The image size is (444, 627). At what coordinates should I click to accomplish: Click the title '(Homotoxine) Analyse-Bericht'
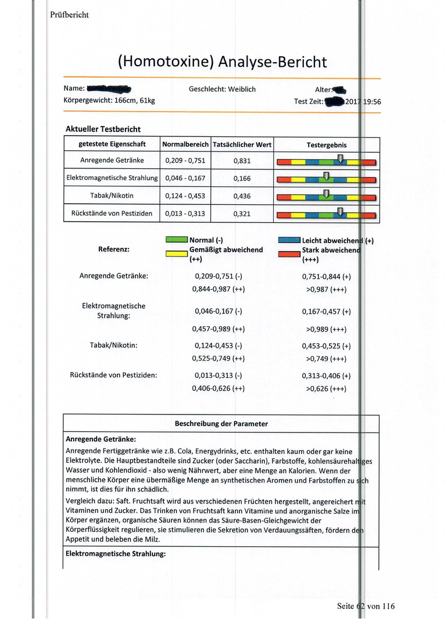pyautogui.click(x=222, y=62)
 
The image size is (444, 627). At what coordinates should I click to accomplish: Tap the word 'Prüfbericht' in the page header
pyautogui.click(x=69, y=15)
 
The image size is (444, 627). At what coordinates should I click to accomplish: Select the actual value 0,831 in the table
pyautogui.click(x=242, y=161)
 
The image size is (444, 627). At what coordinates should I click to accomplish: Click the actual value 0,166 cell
pyautogui.click(x=242, y=178)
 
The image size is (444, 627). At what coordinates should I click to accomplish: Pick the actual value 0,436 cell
pyautogui.click(x=242, y=196)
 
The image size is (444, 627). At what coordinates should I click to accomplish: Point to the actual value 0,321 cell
pyautogui.click(x=242, y=214)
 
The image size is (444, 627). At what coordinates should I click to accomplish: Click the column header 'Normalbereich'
pyautogui.click(x=185, y=144)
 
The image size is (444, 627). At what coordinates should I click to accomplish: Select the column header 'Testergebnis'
pyautogui.click(x=326, y=144)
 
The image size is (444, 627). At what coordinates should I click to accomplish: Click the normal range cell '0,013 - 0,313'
pyautogui.click(x=185, y=214)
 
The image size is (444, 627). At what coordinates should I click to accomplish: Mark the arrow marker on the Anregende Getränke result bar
pyautogui.click(x=340, y=158)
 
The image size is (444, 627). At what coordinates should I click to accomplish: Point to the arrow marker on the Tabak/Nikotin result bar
pyautogui.click(x=326, y=193)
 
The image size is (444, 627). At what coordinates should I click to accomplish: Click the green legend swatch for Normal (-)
pyautogui.click(x=176, y=239)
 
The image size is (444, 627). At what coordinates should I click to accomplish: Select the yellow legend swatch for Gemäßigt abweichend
pyautogui.click(x=176, y=254)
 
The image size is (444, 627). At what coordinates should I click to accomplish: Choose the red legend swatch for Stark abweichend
pyautogui.click(x=289, y=254)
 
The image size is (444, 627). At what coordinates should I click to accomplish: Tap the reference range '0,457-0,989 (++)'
pyautogui.click(x=218, y=329)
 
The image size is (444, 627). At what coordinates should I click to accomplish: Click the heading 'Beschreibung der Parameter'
pyautogui.click(x=221, y=424)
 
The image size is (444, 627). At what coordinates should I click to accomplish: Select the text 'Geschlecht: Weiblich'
pyautogui.click(x=222, y=89)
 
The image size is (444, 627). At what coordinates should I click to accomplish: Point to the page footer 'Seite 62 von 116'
pyautogui.click(x=366, y=606)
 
